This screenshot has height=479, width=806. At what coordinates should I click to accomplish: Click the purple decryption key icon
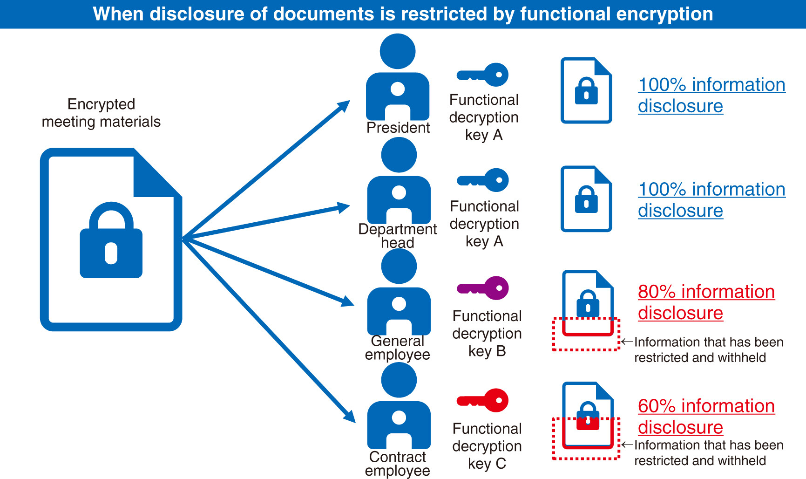pyautogui.click(x=483, y=288)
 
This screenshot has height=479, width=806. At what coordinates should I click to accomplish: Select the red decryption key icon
pyautogui.click(x=483, y=400)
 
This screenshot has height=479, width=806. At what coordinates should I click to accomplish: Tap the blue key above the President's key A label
pyautogui.click(x=483, y=75)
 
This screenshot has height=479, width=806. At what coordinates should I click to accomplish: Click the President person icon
pyautogui.click(x=398, y=77)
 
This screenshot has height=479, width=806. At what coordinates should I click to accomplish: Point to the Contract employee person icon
pyautogui.click(x=399, y=405)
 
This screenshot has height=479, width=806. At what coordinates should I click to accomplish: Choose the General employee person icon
pyautogui.click(x=399, y=292)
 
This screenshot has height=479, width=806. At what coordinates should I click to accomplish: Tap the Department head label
pyautogui.click(x=398, y=236)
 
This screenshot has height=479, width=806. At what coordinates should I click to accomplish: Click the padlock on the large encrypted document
pyautogui.click(x=111, y=240)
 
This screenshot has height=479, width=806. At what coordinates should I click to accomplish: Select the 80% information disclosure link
pyautogui.click(x=706, y=302)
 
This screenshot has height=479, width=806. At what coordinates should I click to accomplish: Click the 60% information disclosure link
pyautogui.click(x=706, y=416)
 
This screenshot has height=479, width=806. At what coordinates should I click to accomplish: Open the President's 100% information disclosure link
pyautogui.click(x=711, y=95)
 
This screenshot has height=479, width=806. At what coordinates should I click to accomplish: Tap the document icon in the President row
pyautogui.click(x=586, y=90)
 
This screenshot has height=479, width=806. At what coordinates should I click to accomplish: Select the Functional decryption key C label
pyautogui.click(x=487, y=446)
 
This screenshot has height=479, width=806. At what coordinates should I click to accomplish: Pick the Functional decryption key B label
pyautogui.click(x=487, y=333)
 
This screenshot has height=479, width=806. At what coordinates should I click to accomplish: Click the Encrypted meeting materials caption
pyautogui.click(x=101, y=113)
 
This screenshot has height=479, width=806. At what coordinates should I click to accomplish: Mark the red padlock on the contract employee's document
pyautogui.click(x=588, y=422)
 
